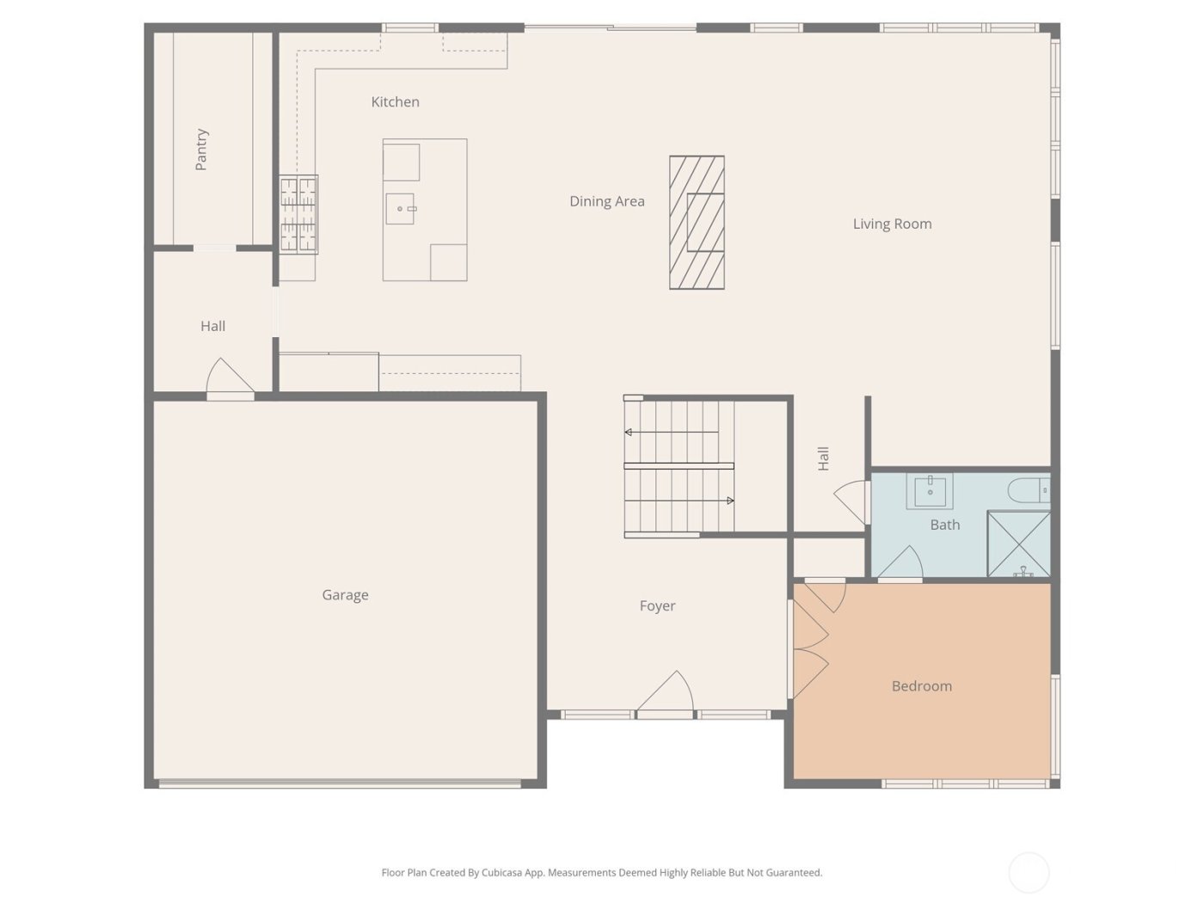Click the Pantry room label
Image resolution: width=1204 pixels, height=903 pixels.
coord(201,150)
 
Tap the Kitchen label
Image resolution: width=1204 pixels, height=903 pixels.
coord(395,101)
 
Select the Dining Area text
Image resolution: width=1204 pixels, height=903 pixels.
coord(606,201)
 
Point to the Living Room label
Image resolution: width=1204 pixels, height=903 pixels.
coord(892,224)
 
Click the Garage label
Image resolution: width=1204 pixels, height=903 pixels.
coord(345,595)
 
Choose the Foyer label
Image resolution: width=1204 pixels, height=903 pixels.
coord(657,606)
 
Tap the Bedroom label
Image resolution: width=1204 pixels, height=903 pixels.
coord(921,686)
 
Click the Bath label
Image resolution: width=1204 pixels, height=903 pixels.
coord(944,525)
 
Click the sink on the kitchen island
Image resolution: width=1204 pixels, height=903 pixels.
coord(400,209)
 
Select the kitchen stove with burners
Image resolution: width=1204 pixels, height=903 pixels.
coord(298,214)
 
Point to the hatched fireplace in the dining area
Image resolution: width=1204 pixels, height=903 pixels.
coord(697,222)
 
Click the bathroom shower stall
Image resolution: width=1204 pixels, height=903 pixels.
coord(1018,544)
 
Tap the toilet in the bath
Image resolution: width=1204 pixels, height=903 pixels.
coord(1029,490)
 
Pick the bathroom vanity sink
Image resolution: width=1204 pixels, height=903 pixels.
coord(930,491)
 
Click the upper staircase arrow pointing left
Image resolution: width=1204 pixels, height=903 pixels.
coord(629,432)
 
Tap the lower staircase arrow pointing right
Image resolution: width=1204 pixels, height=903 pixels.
coord(730,501)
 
